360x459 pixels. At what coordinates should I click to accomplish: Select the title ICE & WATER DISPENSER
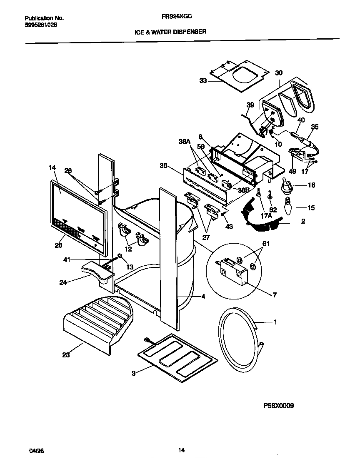coord(170,31)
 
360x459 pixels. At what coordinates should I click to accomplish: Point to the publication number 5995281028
coord(41,25)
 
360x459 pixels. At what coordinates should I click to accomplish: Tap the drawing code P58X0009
coord(279,405)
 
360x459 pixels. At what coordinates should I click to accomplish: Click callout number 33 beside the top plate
coord(203,81)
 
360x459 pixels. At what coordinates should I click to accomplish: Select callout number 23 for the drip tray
coord(66,355)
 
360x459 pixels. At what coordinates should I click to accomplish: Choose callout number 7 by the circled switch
coord(274,295)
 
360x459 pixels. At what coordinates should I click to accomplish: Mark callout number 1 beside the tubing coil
coord(275,322)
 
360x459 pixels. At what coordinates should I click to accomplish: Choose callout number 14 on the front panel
coord(52,168)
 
